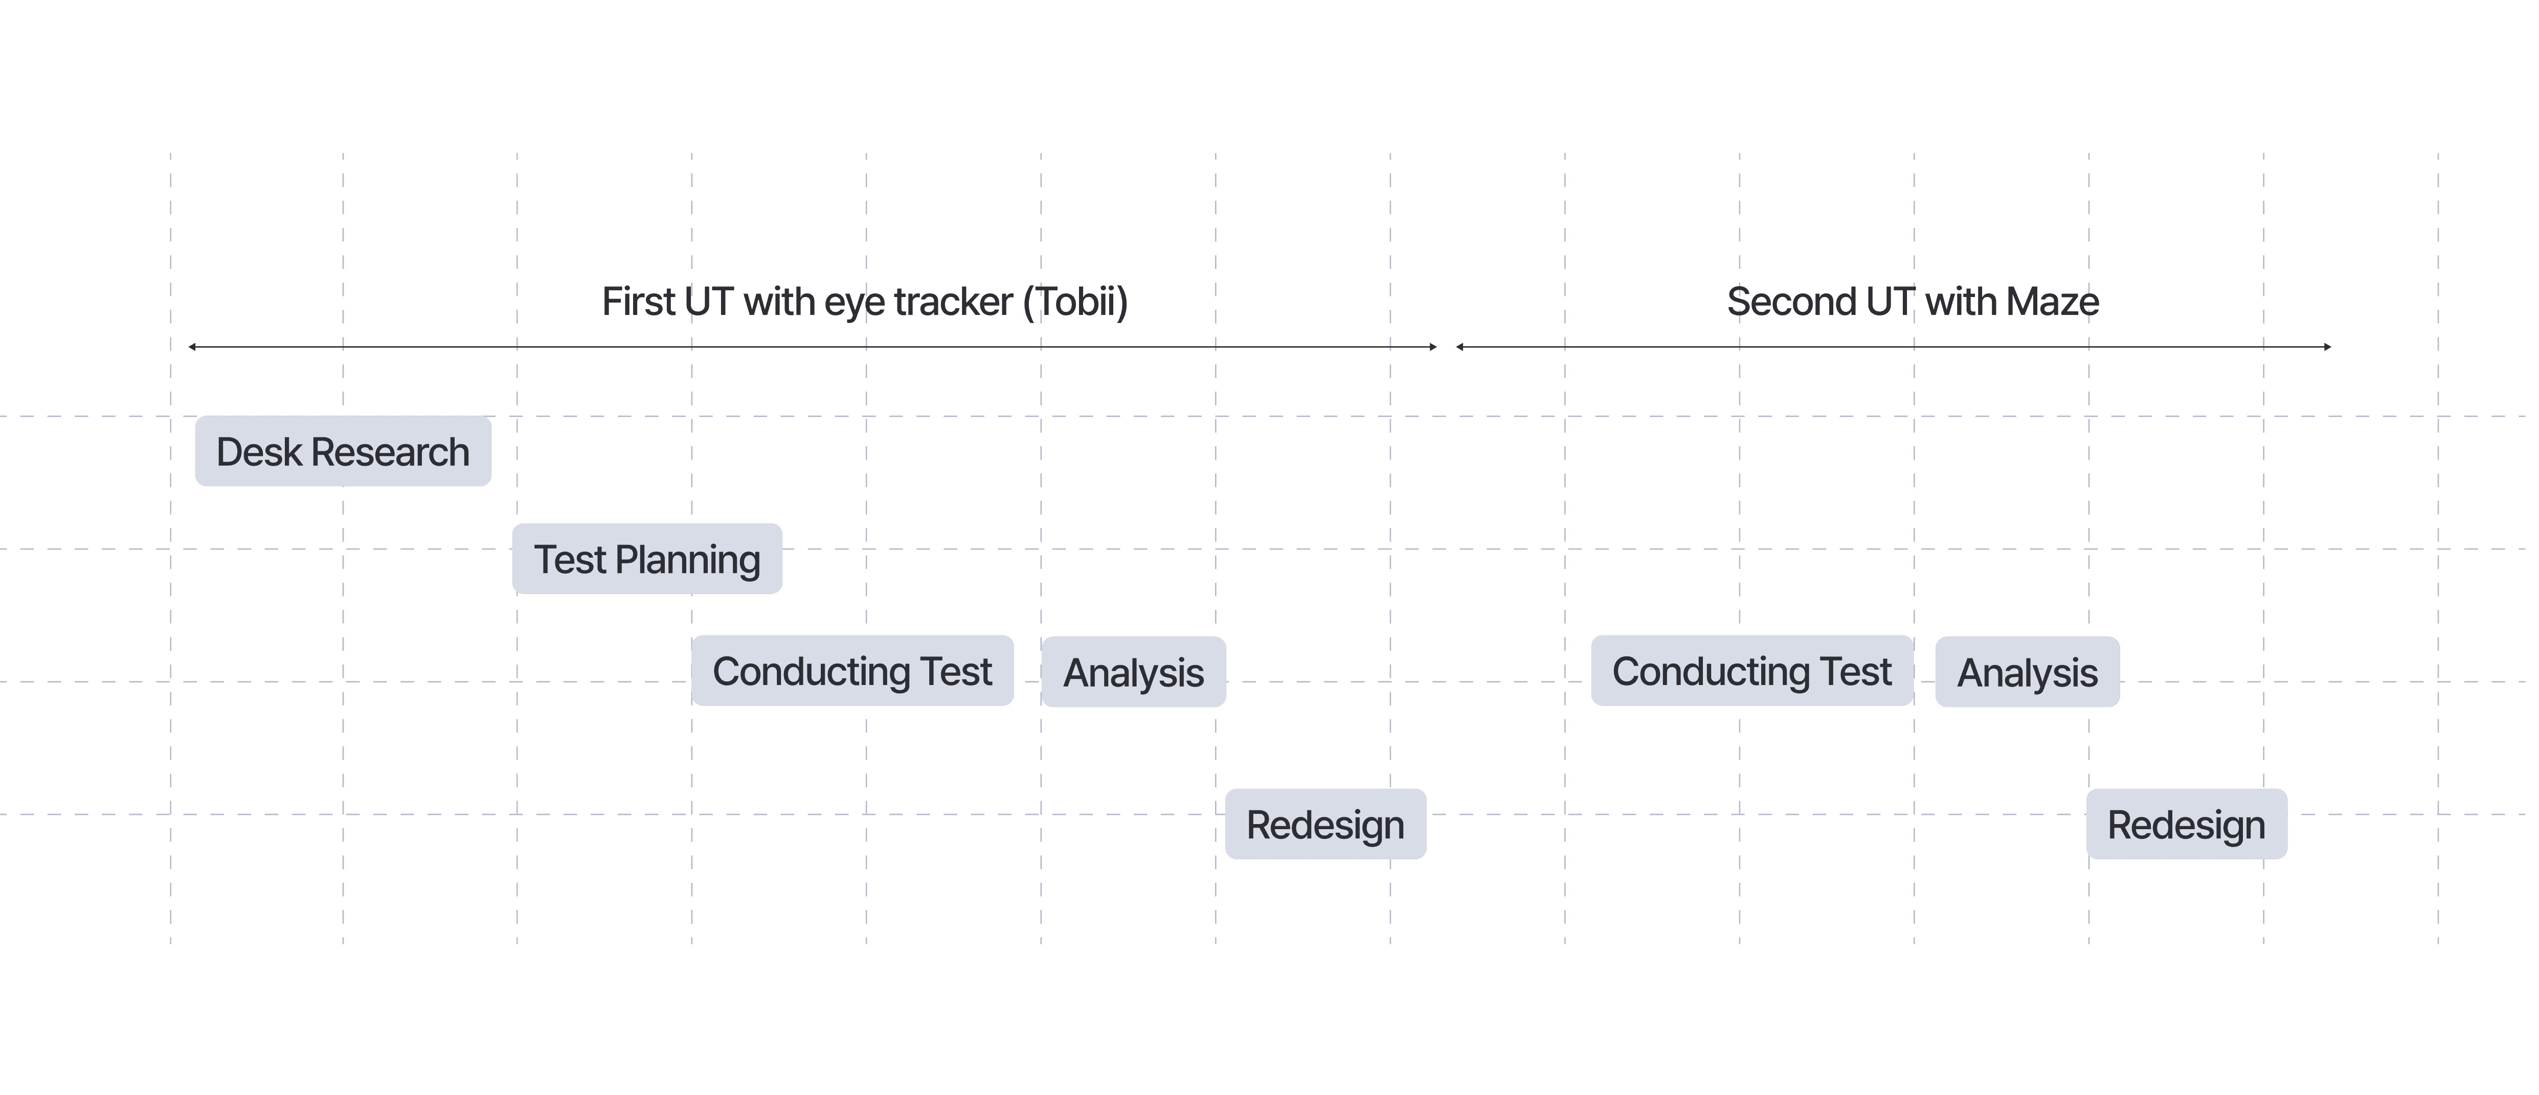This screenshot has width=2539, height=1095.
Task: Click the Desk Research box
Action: (x=343, y=451)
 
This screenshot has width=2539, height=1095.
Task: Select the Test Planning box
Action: (x=646, y=559)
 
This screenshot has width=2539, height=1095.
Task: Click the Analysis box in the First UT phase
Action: (x=1134, y=672)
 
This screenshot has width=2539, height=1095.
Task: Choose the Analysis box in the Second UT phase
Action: (x=2028, y=672)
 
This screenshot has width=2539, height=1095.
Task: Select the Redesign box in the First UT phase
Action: (x=1325, y=824)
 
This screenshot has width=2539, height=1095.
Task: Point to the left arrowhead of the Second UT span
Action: (x=1459, y=347)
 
